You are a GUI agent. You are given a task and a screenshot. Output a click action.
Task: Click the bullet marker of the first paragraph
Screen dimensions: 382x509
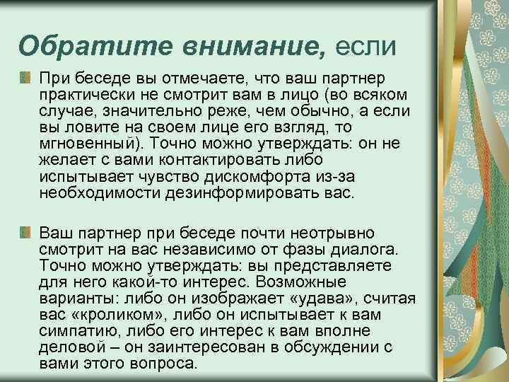click(26, 76)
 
